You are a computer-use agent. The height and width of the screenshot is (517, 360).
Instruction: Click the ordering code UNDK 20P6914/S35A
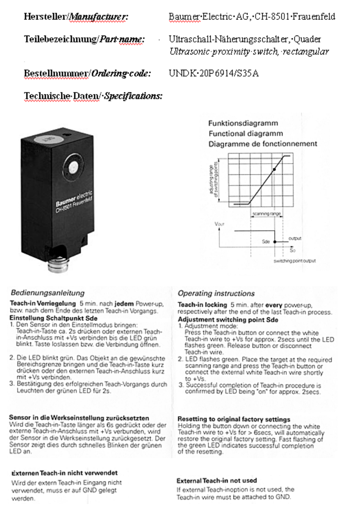214,73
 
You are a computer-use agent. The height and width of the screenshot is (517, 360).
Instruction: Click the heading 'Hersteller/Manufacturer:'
76,17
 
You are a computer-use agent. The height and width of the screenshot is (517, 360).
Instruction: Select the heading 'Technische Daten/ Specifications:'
93,96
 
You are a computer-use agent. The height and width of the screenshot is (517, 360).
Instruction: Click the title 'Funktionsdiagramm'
243,124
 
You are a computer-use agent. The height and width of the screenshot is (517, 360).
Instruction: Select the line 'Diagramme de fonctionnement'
262,144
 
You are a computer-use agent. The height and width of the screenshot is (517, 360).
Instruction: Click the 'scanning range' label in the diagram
267,214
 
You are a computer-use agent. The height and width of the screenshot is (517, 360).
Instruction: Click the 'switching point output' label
294,261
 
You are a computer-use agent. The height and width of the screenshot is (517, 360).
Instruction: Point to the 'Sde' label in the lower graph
266,242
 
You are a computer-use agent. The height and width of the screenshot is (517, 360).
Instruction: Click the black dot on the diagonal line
275,169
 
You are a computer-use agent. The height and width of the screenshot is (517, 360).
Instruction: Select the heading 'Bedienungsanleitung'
47,292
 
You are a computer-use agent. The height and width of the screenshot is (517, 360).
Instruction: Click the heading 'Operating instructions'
216,293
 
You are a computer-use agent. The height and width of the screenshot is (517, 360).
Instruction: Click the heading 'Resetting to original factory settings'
234,419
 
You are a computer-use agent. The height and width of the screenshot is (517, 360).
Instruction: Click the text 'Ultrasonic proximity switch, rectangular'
249,52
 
